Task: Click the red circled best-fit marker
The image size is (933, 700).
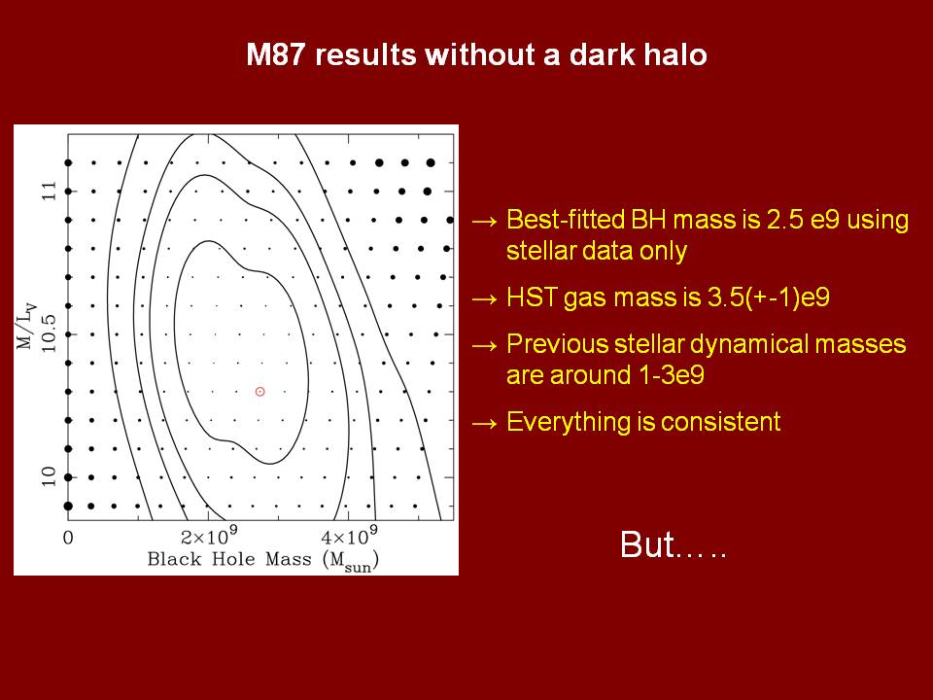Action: click(x=260, y=392)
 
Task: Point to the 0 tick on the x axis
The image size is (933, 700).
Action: click(x=68, y=538)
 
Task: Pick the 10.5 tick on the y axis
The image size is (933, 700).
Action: click(x=49, y=333)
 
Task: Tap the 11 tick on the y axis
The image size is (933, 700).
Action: click(x=49, y=192)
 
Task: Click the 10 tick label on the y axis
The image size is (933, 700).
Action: click(x=49, y=476)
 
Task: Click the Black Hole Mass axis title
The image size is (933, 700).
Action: click(x=263, y=561)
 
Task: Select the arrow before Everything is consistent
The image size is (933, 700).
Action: click(x=484, y=423)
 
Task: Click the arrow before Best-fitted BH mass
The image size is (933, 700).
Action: click(x=484, y=221)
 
